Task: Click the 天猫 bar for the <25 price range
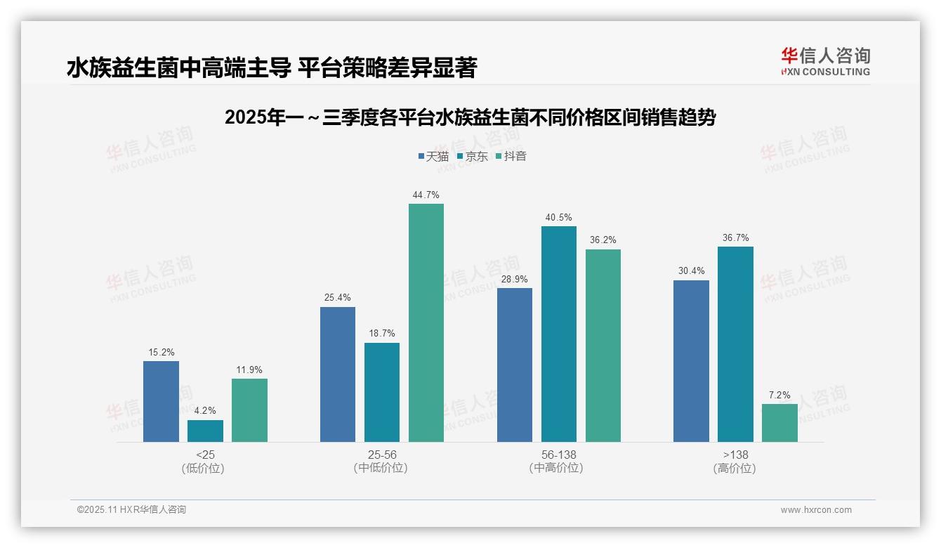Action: pos(161,401)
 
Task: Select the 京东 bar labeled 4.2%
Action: pos(205,431)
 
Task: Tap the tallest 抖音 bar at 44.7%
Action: pos(426,322)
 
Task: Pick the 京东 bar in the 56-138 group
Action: pos(558,334)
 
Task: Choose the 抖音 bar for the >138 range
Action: pos(779,422)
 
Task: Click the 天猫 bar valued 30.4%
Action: pos(691,361)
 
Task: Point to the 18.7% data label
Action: pos(382,334)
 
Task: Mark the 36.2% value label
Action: pos(603,240)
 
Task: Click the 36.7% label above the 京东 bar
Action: pos(735,237)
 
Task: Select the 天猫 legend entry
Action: pos(433,156)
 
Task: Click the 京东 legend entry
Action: pos(472,156)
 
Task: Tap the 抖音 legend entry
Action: pos(511,156)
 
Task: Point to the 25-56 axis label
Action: pos(382,455)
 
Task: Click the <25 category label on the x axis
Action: pos(205,455)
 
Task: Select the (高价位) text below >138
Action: pos(735,468)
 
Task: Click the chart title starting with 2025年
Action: pos(470,117)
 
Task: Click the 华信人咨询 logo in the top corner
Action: pos(825,61)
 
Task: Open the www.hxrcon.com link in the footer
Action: pos(816,510)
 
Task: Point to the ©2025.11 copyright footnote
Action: pos(131,509)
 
